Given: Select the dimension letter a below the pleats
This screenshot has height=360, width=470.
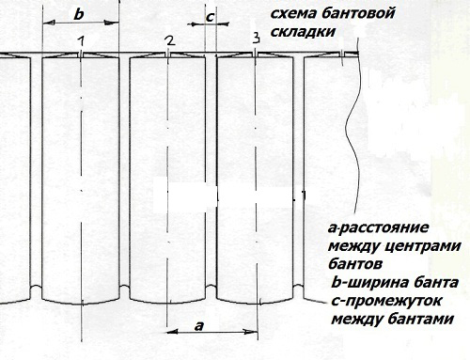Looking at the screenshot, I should (x=197, y=324).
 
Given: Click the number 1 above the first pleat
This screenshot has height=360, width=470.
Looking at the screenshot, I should (x=82, y=41).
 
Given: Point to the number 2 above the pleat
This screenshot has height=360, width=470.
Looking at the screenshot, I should (x=168, y=40).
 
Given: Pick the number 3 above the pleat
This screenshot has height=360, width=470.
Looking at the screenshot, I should (x=256, y=38).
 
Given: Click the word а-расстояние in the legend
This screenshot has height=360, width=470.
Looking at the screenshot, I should (x=377, y=229).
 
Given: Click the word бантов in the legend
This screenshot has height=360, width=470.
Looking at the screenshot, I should (x=354, y=265).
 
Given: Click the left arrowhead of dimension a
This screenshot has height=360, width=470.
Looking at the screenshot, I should (x=171, y=331).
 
